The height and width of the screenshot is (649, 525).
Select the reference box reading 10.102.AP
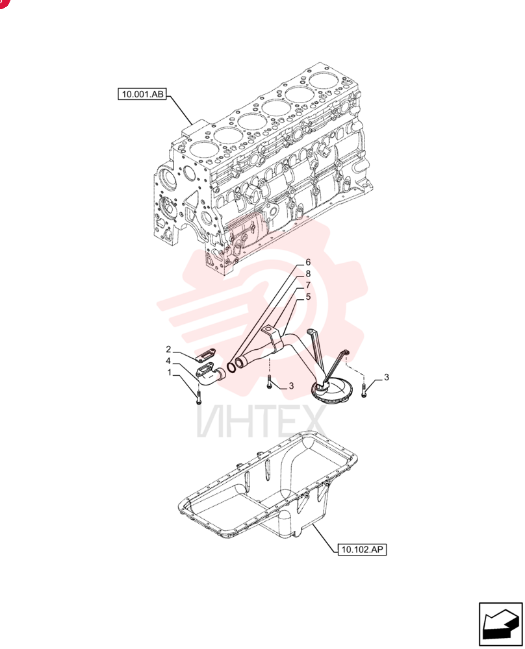point(362,550)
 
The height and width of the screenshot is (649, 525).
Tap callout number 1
point(169,373)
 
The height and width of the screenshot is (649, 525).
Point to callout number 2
point(169,350)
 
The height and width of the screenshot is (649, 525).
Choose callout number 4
point(169,361)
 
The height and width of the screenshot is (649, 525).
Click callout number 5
point(308,297)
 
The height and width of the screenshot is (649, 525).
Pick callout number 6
point(308,262)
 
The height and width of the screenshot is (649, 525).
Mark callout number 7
point(308,285)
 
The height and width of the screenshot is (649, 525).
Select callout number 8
point(308,274)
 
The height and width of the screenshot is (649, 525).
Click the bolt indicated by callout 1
point(198,396)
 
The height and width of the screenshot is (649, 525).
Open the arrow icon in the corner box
point(500,624)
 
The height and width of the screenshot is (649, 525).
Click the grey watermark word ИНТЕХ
point(261,422)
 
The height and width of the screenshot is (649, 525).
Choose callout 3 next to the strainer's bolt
point(386,377)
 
